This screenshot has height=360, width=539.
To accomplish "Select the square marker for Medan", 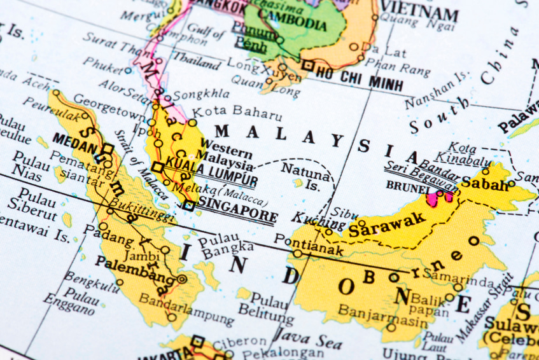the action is point(108,149).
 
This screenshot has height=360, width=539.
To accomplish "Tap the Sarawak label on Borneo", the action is point(386,223).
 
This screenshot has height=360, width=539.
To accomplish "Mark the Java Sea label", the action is point(309,338).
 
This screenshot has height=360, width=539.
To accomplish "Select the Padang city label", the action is point(116,237).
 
